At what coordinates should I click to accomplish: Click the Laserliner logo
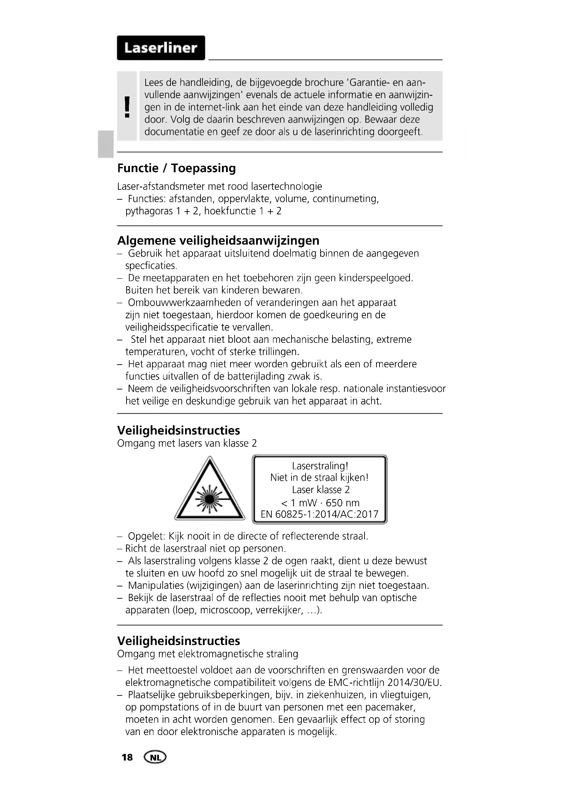(x=161, y=48)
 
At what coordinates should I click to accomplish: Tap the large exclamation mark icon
(x=127, y=107)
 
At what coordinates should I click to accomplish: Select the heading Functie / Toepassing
(x=176, y=168)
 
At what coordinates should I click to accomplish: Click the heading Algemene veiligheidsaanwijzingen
(x=218, y=240)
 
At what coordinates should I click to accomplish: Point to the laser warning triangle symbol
(x=209, y=491)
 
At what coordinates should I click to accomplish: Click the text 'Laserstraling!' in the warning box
(x=320, y=466)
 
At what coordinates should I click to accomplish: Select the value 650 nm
(x=342, y=503)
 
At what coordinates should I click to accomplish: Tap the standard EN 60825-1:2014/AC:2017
(x=320, y=514)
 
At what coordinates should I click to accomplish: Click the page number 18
(x=127, y=757)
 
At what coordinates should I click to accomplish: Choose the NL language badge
(x=155, y=757)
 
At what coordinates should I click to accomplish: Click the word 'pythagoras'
(x=149, y=211)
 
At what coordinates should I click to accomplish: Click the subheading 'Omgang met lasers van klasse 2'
(x=187, y=443)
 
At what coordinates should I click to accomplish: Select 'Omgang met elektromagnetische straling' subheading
(x=208, y=654)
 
